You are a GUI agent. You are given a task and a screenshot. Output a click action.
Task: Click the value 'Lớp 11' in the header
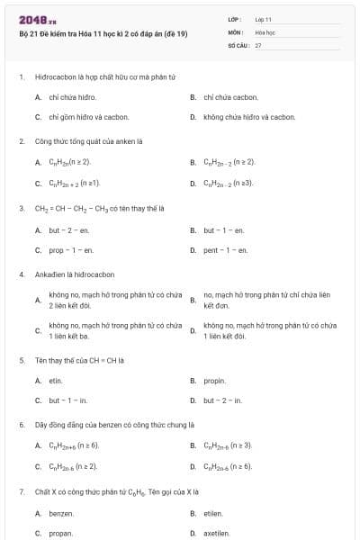click(x=263, y=19)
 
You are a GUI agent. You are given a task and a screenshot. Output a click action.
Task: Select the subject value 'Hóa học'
click(x=265, y=31)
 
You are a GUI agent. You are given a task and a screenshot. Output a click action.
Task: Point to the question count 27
click(x=258, y=45)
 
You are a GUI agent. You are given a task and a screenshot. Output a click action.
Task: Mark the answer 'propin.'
click(x=214, y=381)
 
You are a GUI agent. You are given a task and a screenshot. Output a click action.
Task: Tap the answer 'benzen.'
click(x=61, y=513)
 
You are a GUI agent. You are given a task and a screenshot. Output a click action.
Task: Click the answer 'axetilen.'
click(x=217, y=533)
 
